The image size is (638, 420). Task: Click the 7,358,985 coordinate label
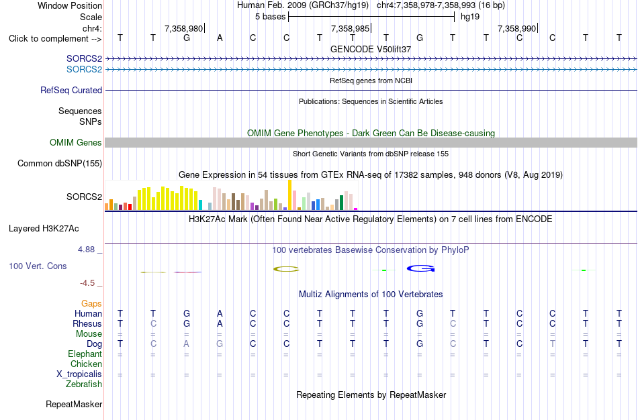[350, 28]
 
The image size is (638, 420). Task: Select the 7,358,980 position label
[183, 28]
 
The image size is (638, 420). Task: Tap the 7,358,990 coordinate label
[516, 28]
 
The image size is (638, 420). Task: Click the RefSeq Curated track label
[71, 91]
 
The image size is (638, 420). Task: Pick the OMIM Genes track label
[76, 142]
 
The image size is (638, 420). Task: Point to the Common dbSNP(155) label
[60, 164]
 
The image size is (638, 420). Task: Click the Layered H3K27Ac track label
[44, 229]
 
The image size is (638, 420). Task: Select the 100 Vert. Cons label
[38, 266]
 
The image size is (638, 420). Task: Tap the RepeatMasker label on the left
[74, 404]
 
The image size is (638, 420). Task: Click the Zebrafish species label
[84, 384]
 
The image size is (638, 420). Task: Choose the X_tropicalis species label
[79, 374]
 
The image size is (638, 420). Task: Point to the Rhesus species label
[87, 323]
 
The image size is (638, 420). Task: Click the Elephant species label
[85, 354]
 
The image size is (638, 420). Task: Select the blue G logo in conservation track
[420, 268]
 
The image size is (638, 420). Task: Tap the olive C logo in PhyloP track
[286, 269]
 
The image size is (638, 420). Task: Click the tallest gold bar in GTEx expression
[289, 195]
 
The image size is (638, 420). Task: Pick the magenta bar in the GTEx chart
[356, 209]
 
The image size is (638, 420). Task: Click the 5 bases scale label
[270, 17]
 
